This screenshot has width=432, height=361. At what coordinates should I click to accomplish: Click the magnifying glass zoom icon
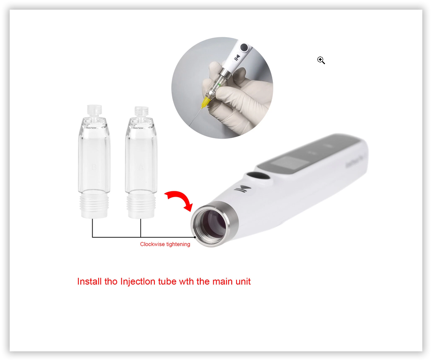tap(321, 60)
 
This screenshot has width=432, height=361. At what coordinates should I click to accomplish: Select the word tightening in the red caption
tap(178, 245)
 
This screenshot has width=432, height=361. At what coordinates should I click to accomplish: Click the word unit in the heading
tap(243, 281)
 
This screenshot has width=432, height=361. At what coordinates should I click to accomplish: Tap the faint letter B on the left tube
tap(94, 167)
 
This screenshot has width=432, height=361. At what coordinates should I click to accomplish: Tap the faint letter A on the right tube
tap(141, 167)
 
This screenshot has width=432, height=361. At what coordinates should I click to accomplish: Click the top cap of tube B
tap(94, 110)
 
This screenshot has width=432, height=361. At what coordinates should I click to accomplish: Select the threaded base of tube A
tap(141, 206)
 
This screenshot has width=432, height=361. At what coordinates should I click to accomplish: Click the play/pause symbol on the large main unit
tap(243, 189)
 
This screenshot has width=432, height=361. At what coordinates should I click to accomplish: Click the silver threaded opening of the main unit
tap(214, 223)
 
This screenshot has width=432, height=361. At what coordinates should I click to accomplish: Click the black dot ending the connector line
tap(195, 237)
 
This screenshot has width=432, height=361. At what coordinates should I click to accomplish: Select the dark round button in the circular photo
tap(244, 47)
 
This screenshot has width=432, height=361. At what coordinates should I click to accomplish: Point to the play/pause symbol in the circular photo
tap(237, 58)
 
